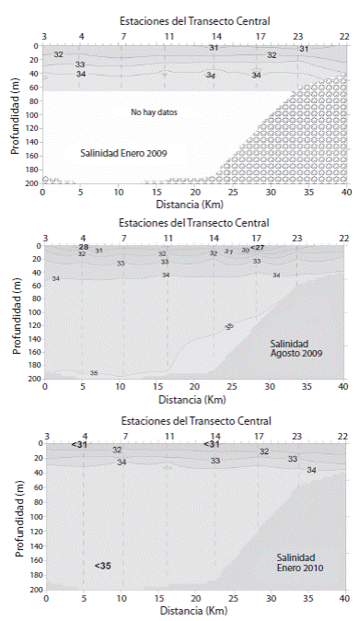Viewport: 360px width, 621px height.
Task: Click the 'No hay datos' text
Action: (153, 111)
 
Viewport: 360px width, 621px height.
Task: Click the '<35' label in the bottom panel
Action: (102, 565)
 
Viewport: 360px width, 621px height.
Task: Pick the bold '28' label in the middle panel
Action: (83, 247)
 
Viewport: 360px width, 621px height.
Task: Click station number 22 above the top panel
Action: (343, 35)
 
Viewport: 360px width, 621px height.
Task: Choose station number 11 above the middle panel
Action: (168, 237)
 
